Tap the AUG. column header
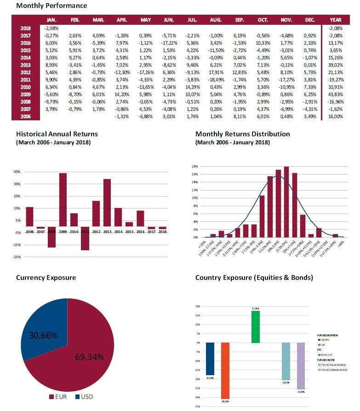(216, 20)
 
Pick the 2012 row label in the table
(26, 72)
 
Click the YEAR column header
(336, 20)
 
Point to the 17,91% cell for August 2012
(216, 72)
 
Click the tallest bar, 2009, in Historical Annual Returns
(63, 200)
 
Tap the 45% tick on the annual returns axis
(17, 173)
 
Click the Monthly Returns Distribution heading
(242, 134)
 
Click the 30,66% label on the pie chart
(43, 336)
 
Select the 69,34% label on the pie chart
(89, 357)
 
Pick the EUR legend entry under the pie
(59, 396)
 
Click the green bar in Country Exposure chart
(255, 327)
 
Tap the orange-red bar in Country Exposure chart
(225, 370)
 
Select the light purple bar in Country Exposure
(301, 365)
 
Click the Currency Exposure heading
(46, 278)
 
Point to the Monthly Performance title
(51, 6)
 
